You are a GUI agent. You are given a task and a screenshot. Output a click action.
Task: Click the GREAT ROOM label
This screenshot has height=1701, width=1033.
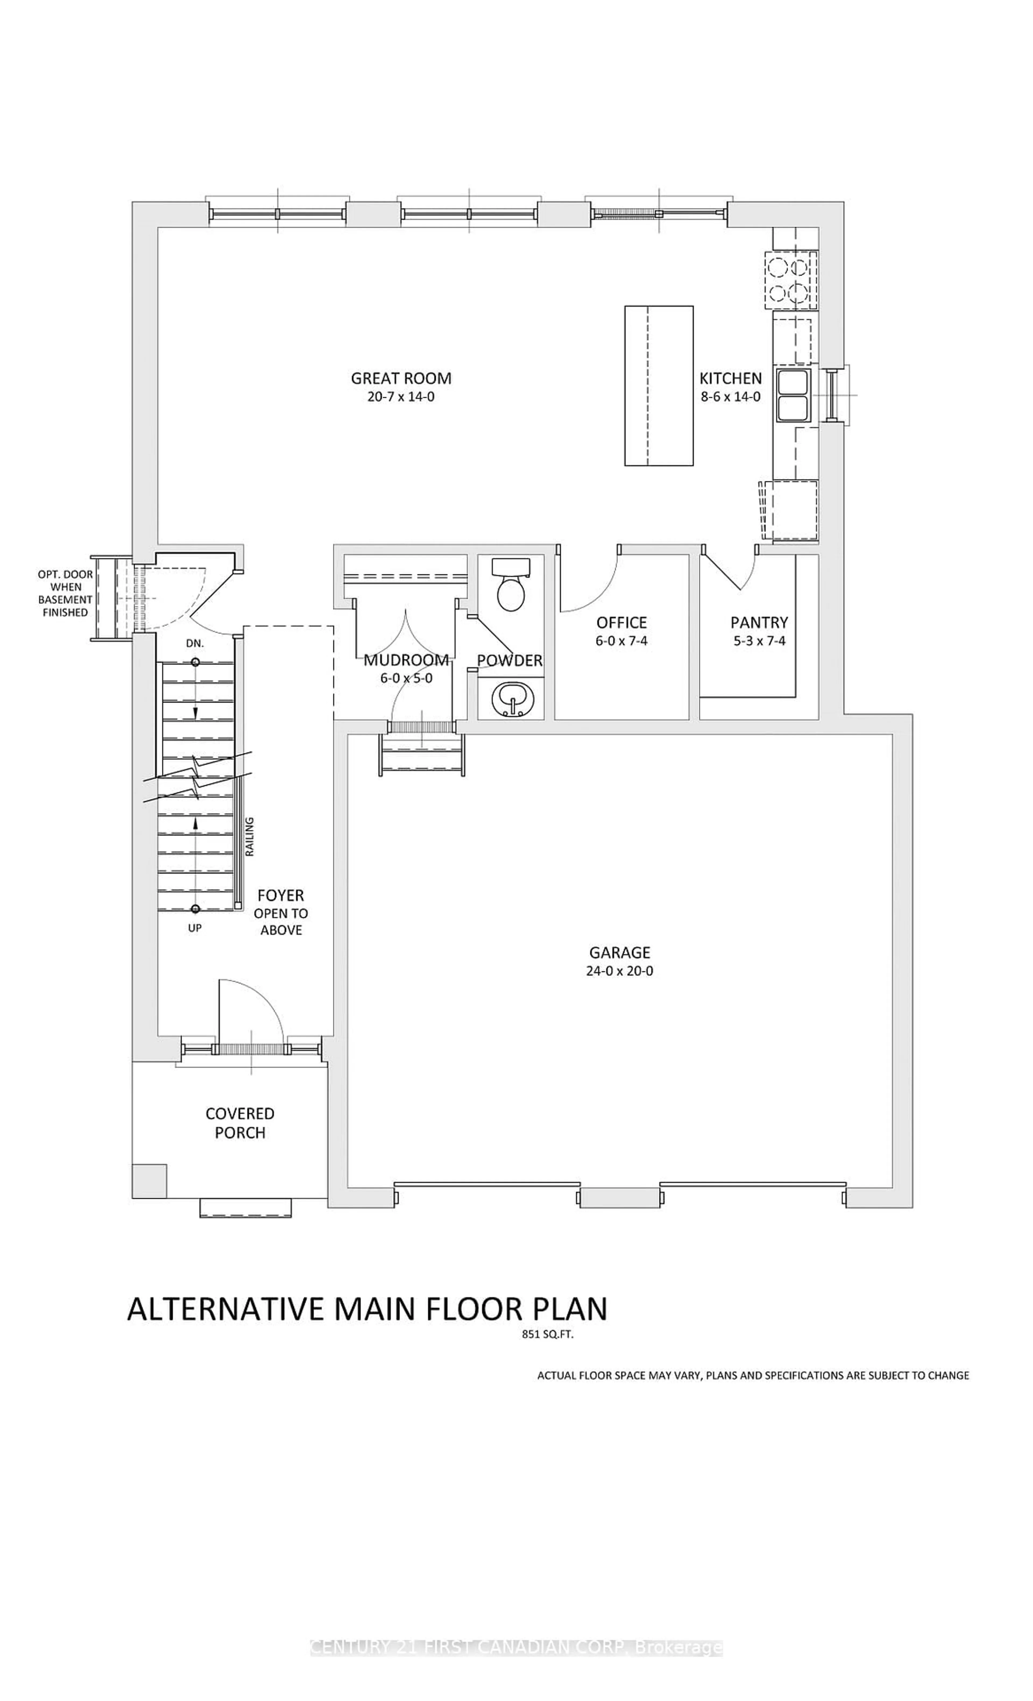click(x=401, y=378)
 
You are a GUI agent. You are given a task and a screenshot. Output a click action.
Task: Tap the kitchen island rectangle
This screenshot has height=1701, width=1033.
click(x=658, y=386)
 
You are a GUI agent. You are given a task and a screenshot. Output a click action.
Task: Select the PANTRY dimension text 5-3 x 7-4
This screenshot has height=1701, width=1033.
click(x=759, y=641)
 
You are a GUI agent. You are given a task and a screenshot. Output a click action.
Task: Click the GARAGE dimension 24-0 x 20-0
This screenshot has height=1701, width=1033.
click(x=619, y=971)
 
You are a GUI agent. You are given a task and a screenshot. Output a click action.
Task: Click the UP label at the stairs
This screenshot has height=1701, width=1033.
click(x=195, y=928)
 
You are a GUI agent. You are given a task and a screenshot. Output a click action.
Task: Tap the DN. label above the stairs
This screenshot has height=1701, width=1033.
click(x=195, y=643)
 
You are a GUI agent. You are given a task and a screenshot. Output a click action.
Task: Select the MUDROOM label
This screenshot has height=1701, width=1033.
click(x=406, y=660)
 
